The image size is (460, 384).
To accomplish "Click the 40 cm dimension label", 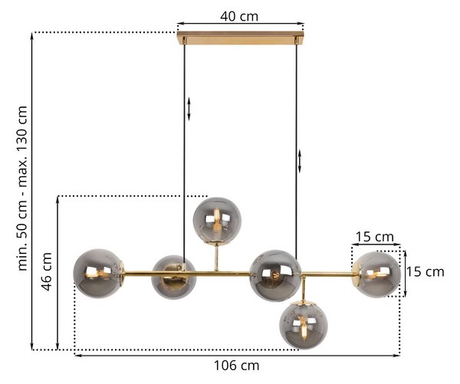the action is (x=239, y=16).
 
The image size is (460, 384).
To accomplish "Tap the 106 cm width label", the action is (x=236, y=366).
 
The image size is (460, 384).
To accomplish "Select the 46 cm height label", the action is (x=47, y=271).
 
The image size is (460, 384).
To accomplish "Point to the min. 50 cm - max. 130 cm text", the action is (x=22, y=188).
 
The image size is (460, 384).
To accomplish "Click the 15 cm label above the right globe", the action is (x=375, y=237).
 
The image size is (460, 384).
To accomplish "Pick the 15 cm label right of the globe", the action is (x=425, y=272).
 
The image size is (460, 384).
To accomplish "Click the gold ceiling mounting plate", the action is (x=240, y=38).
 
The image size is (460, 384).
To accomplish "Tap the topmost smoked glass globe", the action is (x=217, y=221).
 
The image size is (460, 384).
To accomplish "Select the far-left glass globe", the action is (x=98, y=274).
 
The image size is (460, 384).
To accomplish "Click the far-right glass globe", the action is (x=376, y=274).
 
